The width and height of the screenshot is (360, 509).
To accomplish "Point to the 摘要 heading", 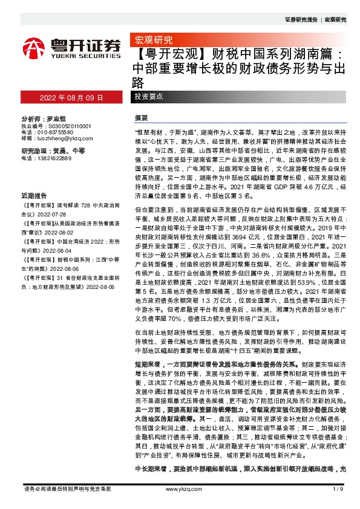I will [x=142, y=117].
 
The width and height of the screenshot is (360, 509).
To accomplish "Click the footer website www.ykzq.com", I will [x=182, y=488].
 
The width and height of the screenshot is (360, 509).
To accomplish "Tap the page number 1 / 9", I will [x=338, y=488].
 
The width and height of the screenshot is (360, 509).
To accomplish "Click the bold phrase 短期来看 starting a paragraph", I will [x=146, y=365].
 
